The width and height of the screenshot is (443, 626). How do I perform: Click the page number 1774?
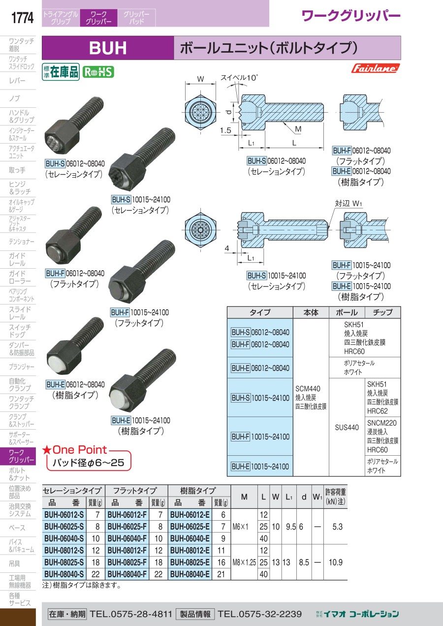(x=22, y=18)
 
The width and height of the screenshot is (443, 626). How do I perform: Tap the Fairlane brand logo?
(x=375, y=68)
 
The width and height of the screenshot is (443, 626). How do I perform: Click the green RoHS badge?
(x=98, y=72)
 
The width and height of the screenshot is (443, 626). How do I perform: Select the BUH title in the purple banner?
(x=108, y=48)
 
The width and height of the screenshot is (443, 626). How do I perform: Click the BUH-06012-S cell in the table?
(x=64, y=514)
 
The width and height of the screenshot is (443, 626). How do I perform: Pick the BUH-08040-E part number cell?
(x=190, y=574)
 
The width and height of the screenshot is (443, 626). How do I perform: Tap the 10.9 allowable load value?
(x=335, y=562)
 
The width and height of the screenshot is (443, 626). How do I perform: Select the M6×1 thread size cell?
(x=244, y=527)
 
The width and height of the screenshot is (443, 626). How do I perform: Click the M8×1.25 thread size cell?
(x=244, y=562)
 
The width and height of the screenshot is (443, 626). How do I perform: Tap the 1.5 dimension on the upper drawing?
(x=226, y=130)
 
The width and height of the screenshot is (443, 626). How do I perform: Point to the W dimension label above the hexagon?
(x=200, y=79)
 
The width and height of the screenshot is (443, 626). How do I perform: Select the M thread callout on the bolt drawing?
(x=298, y=129)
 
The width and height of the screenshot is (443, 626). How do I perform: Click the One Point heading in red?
(x=79, y=449)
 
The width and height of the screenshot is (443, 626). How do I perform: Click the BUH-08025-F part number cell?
(x=127, y=562)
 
